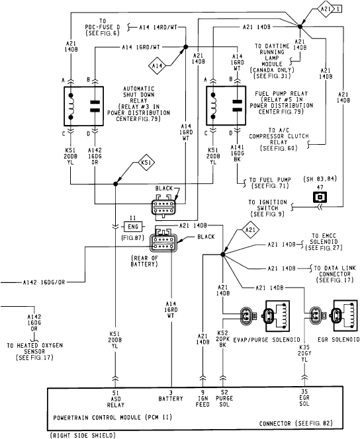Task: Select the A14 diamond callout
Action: tap(157, 65)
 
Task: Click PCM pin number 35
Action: tap(304, 393)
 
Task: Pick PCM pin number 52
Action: tap(223, 393)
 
